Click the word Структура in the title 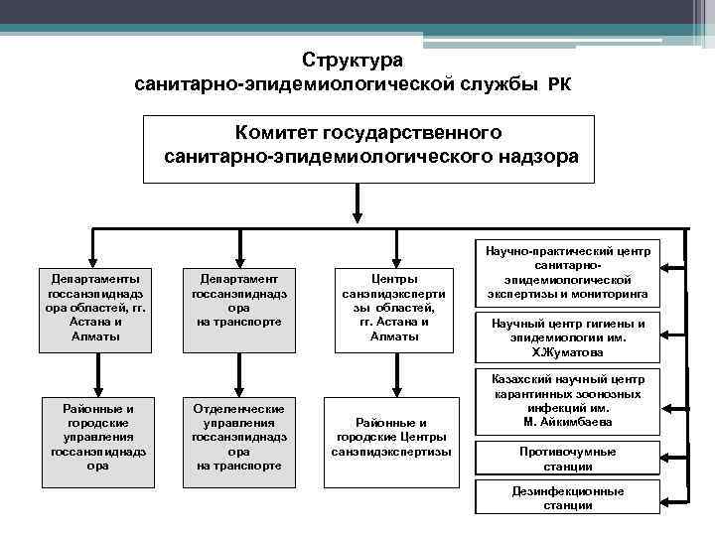tap(353, 60)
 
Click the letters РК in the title tap(558, 85)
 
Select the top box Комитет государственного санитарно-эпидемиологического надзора tap(368, 148)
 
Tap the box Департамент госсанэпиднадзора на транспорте tap(239, 309)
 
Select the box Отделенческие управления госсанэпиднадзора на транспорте tap(239, 436)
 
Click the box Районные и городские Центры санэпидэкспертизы tap(390, 436)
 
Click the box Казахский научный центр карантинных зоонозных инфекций tap(568, 401)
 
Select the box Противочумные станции tap(568, 459)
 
